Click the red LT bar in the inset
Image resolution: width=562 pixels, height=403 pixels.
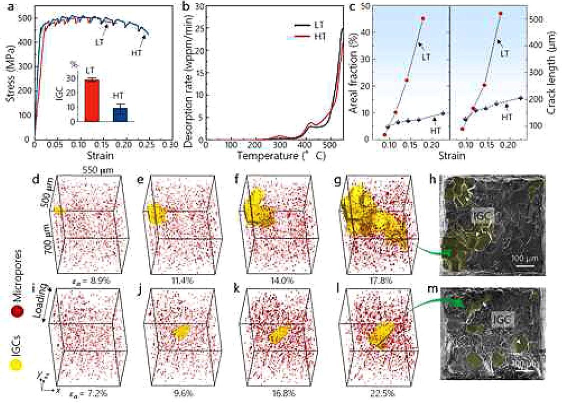point(91,100)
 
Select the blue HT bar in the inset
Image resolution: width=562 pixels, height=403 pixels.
point(120,114)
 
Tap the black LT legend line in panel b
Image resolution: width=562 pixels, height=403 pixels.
point(300,23)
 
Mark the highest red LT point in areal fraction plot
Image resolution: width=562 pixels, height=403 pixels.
point(423,18)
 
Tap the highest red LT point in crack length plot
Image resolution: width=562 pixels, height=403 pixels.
point(500,13)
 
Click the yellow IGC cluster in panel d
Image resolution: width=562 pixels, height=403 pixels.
point(60,210)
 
